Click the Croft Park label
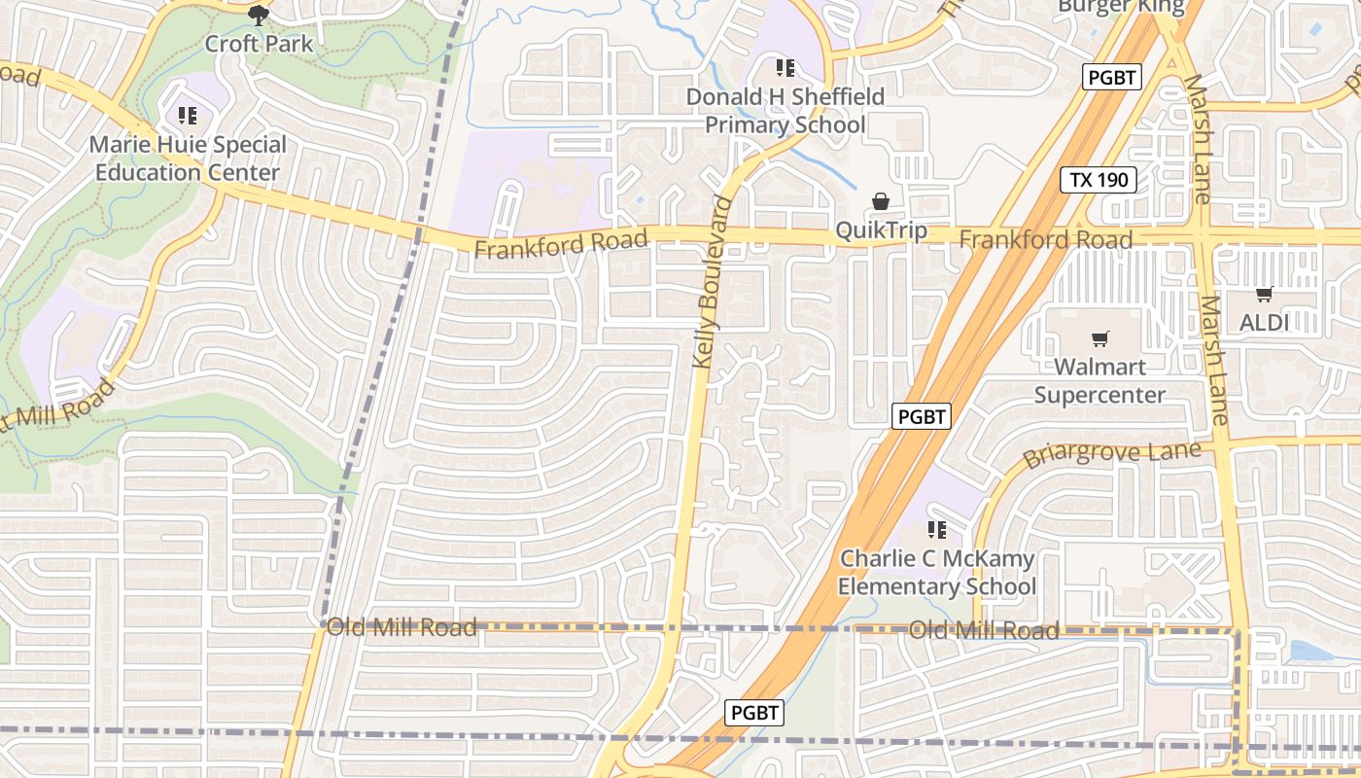pyautogui.click(x=259, y=44)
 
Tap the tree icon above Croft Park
pyautogui.click(x=259, y=15)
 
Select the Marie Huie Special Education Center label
pyautogui.click(x=188, y=159)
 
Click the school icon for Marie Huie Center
pyautogui.click(x=188, y=117)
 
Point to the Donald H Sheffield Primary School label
pyautogui.click(x=785, y=111)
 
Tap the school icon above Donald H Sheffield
pyautogui.click(x=785, y=68)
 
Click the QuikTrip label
pyautogui.click(x=881, y=231)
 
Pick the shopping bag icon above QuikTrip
pyautogui.click(x=881, y=201)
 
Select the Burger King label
pyautogui.click(x=1121, y=7)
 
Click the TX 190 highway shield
pyautogui.click(x=1098, y=180)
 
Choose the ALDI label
pyautogui.click(x=1264, y=322)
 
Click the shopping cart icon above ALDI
pyautogui.click(x=1264, y=294)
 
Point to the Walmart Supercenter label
pyautogui.click(x=1099, y=381)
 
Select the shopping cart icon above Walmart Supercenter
pyautogui.click(x=1099, y=338)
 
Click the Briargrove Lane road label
pyautogui.click(x=1111, y=455)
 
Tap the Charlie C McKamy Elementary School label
pyautogui.click(x=936, y=573)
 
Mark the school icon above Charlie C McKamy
pyautogui.click(x=936, y=530)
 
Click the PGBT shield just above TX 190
pyautogui.click(x=1112, y=78)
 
